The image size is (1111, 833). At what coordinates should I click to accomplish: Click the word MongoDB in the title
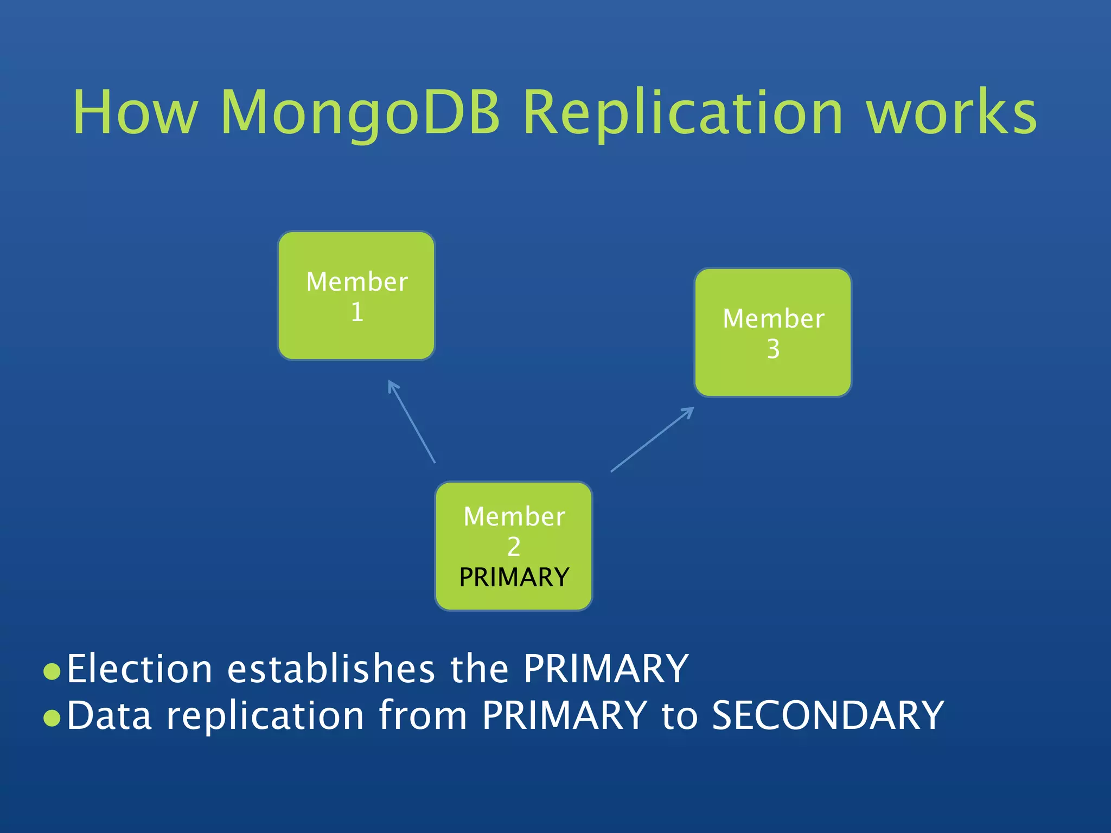[x=360, y=113]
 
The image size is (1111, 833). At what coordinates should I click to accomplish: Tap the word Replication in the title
[x=682, y=113]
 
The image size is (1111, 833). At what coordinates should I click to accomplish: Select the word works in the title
[x=951, y=113]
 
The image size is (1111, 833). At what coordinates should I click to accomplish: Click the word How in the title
[x=135, y=113]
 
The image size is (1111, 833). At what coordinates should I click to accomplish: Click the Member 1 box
[x=356, y=296]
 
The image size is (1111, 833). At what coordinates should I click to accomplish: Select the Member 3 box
[x=773, y=332]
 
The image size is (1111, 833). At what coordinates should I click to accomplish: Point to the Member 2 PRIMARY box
[x=514, y=546]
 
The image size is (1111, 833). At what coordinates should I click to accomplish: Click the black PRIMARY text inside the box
[x=514, y=577]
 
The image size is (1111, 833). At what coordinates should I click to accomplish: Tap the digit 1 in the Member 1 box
[x=357, y=312]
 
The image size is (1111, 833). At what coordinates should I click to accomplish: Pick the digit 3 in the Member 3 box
[x=773, y=349]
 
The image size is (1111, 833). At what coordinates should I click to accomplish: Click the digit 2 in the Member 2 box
[x=514, y=547]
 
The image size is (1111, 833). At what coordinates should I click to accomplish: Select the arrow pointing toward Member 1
[x=412, y=422]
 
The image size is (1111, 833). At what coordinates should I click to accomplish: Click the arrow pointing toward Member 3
[x=653, y=439]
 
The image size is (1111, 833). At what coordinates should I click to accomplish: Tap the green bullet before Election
[x=52, y=671]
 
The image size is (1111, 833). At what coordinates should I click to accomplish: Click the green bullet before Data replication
[x=52, y=718]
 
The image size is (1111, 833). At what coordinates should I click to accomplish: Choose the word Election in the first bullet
[x=139, y=669]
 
